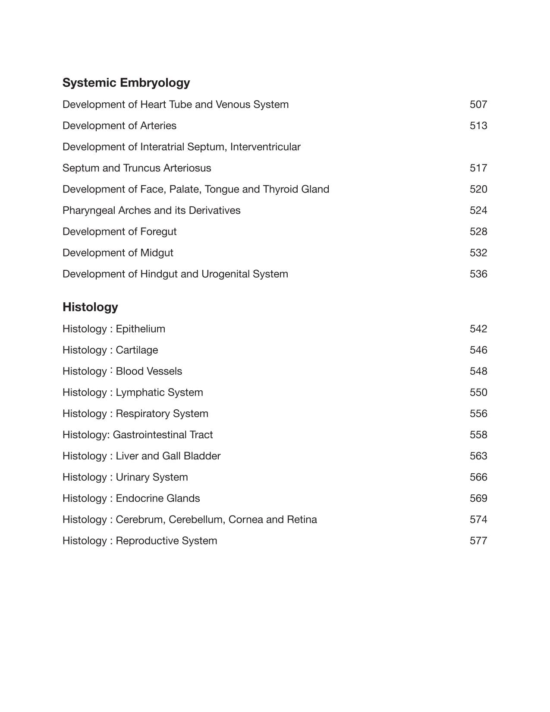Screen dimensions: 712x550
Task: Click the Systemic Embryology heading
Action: pyautogui.click(x=126, y=82)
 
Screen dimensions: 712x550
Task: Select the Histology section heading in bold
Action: pyautogui.click(x=90, y=307)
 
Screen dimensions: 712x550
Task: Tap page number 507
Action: pyautogui.click(x=478, y=104)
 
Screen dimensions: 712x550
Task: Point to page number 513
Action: pyautogui.click(x=478, y=126)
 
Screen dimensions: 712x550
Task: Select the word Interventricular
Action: pyautogui.click(x=265, y=147)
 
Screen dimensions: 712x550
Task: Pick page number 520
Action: pyautogui.click(x=478, y=189)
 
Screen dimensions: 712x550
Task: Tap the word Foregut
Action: pyautogui.click(x=158, y=232)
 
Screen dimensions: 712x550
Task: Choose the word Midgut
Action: pyautogui.click(x=157, y=253)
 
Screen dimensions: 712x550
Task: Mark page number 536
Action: pyautogui.click(x=478, y=274)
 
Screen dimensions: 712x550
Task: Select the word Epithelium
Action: pyautogui.click(x=140, y=329)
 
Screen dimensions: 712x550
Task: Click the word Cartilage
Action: pyautogui.click(x=137, y=350)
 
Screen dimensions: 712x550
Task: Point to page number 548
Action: pyautogui.click(x=478, y=371)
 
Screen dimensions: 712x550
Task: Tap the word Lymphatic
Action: pyautogui.click(x=138, y=392)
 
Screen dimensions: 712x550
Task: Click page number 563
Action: pyautogui.click(x=478, y=456)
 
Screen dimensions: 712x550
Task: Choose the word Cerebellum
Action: pyautogui.click(x=196, y=519)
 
